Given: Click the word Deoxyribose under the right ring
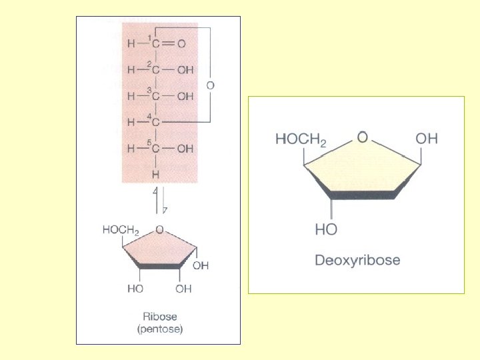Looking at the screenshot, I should pos(357,260).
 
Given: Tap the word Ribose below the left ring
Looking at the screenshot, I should pos(159,317).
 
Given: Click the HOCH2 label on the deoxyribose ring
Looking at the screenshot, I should pos(301,140).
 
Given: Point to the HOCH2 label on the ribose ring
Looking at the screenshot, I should pos(121,230).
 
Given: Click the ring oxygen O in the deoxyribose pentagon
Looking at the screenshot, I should pos(363,137).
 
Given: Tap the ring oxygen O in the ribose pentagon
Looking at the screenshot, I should pos(159,229).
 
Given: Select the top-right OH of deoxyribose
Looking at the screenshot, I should pos(427,139).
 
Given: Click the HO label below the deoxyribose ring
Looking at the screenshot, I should pos(326,229).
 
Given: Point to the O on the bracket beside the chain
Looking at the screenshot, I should pos(211,85).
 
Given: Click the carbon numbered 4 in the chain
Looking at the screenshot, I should pos(155,123).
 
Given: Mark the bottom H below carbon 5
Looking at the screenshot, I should pos(155,174).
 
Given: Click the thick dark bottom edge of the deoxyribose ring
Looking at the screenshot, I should pos(363,195).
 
